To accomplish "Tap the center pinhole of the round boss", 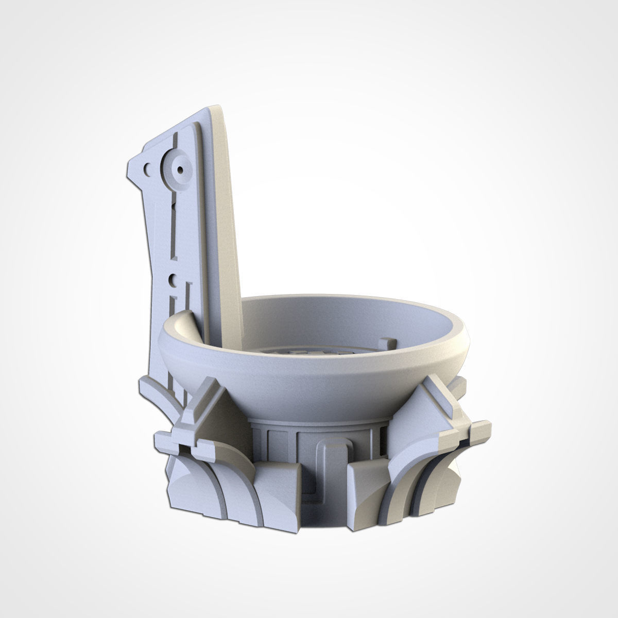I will click(180, 167).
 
